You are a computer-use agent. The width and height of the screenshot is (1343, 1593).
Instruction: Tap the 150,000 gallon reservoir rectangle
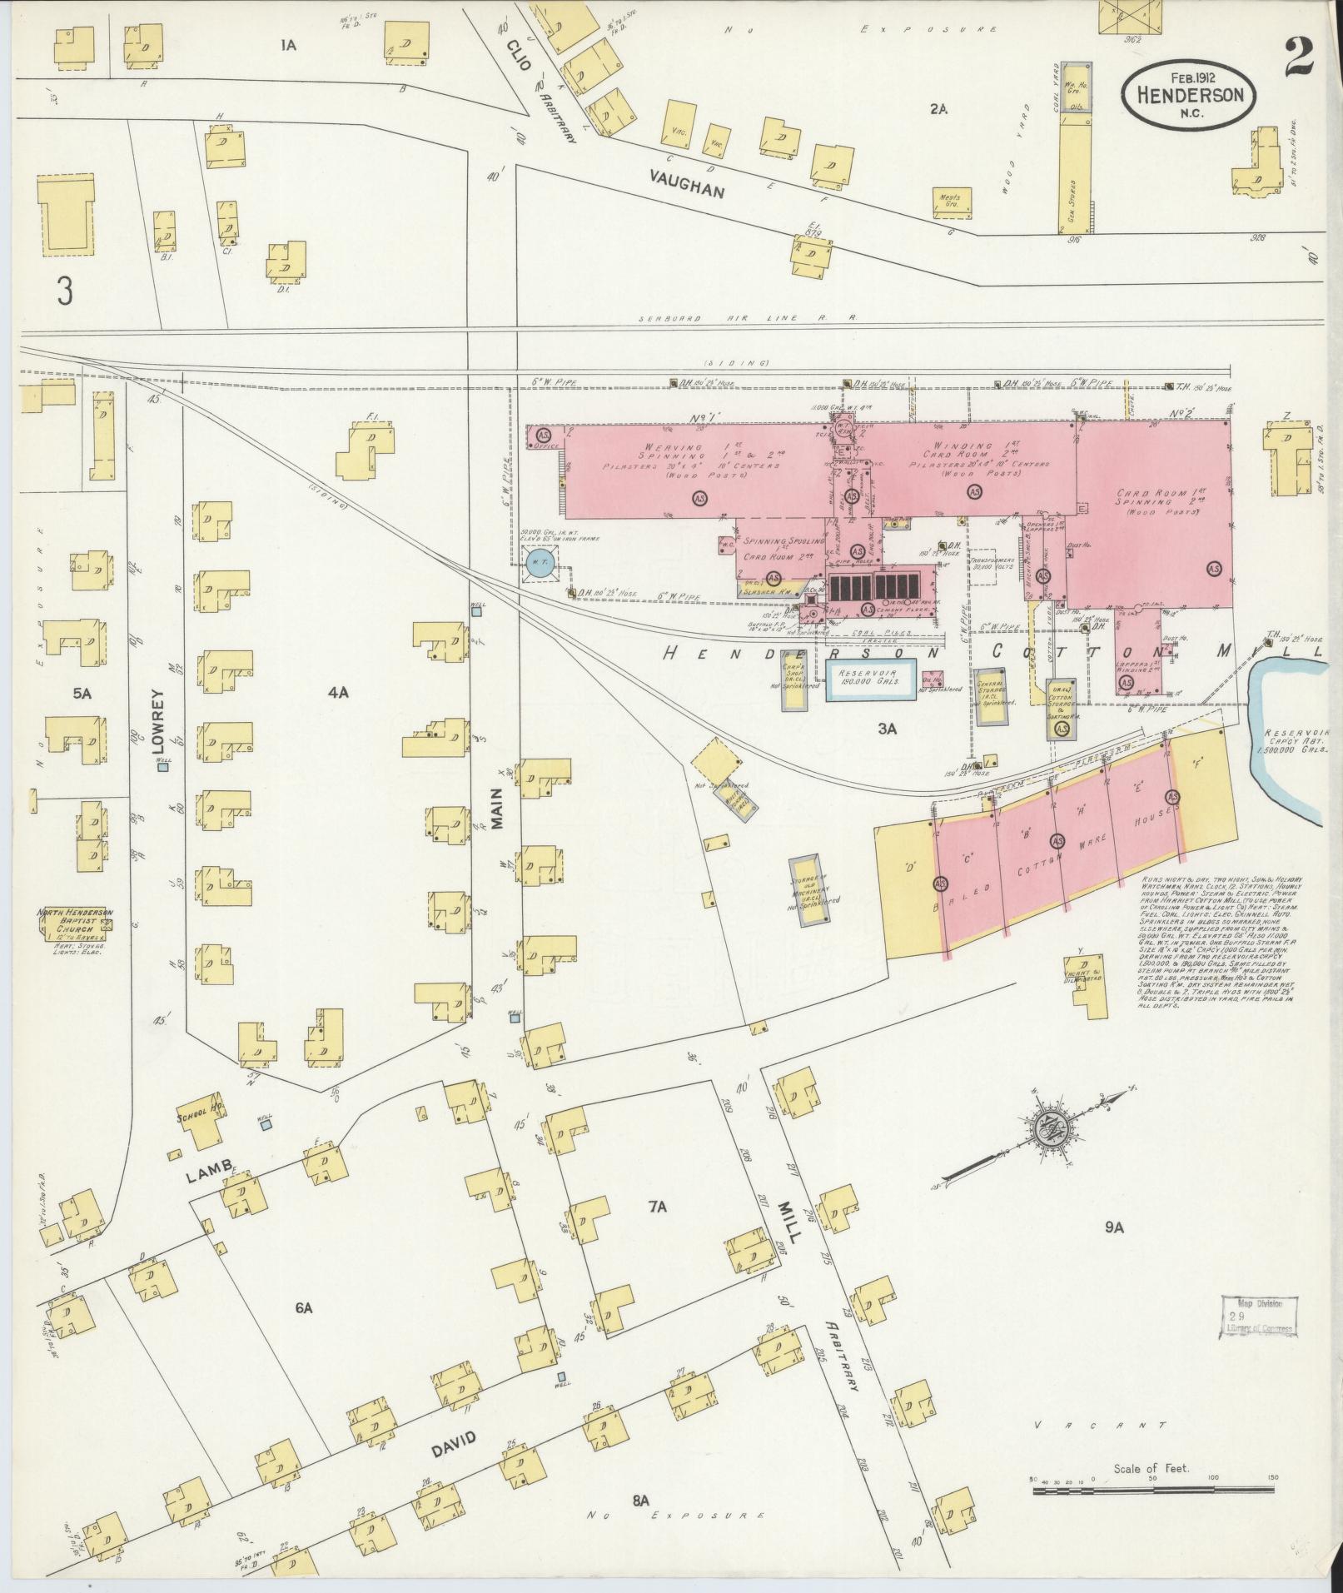(x=872, y=679)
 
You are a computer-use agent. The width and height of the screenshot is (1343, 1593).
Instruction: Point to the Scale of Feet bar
(x=1151, y=1491)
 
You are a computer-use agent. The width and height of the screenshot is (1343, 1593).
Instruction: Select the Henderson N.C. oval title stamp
(x=1187, y=96)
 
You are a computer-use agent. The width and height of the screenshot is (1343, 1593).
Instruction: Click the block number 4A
(x=337, y=691)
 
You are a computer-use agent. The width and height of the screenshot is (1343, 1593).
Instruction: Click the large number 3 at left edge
(x=64, y=291)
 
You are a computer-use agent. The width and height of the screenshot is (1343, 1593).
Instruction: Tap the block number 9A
(x=1115, y=1226)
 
